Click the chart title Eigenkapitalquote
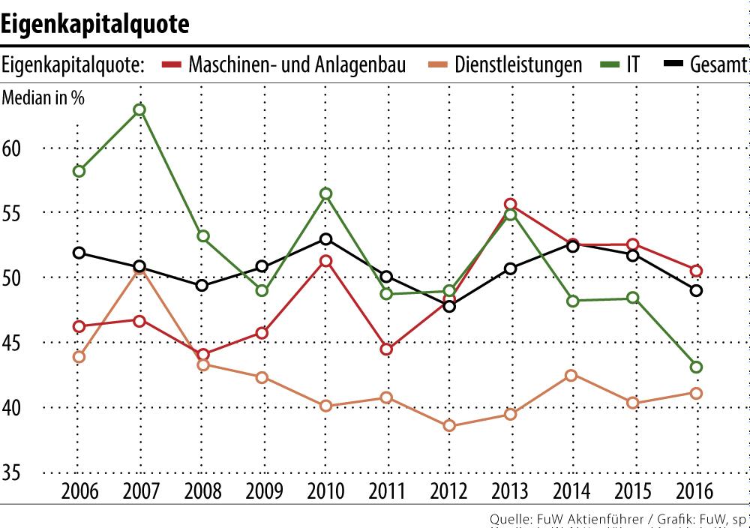point(94,24)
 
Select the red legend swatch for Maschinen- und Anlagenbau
point(172,64)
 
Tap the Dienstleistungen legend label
point(518,64)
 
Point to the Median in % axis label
point(43,98)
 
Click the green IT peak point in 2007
point(139,109)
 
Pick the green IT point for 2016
point(696,367)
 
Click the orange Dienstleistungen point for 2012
point(449,426)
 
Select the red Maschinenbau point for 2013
point(511,204)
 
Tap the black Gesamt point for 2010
point(325,239)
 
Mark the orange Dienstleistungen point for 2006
point(79,357)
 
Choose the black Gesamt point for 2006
point(79,253)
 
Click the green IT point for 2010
point(325,193)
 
